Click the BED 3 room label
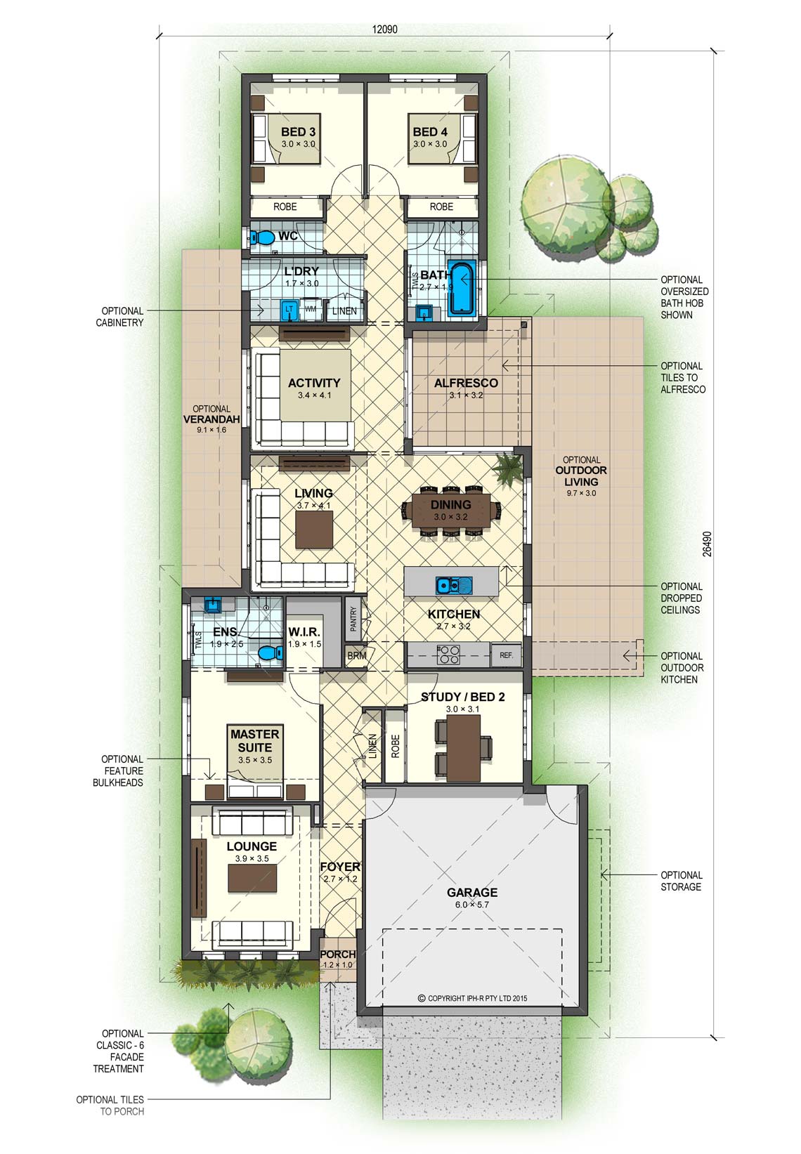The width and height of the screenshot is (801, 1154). coord(298,132)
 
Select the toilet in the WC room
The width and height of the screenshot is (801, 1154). coord(262,237)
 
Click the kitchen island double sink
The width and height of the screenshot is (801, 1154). coord(453,585)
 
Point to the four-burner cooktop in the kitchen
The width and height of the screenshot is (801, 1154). coord(448,655)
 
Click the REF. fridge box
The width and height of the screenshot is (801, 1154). coord(506,655)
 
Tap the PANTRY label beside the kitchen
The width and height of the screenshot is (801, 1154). coord(353,619)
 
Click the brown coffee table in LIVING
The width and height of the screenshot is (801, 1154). coord(314,530)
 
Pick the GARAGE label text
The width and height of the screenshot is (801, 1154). coord(472,892)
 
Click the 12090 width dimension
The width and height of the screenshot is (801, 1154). coord(384,29)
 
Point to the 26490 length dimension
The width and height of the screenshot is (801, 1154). coord(707,544)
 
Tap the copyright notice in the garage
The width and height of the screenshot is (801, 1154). coord(472,998)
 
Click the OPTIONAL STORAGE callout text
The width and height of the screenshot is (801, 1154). coord(681,881)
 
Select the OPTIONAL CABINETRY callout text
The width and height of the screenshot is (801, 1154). coord(119,316)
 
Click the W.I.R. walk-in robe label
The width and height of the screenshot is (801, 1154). coord(304,631)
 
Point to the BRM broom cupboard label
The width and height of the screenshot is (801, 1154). coord(357,656)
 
